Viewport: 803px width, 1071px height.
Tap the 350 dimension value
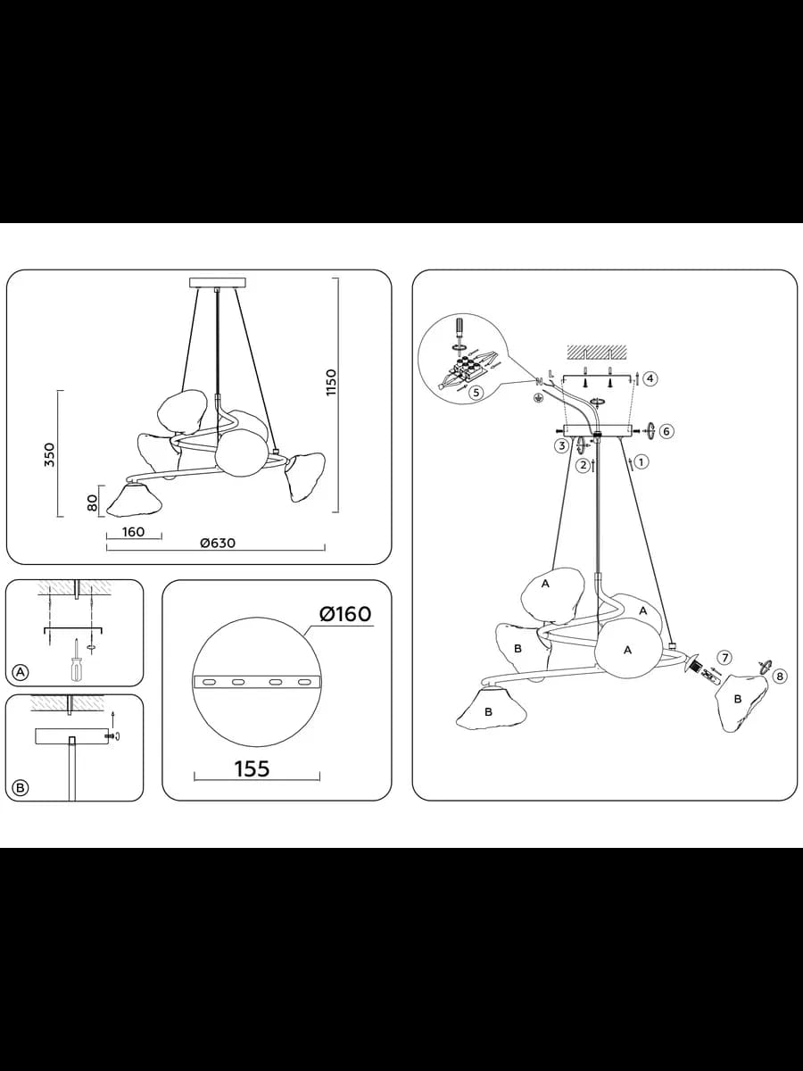pyautogui.click(x=50, y=455)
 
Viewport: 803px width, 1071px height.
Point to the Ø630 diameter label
pyautogui.click(x=218, y=543)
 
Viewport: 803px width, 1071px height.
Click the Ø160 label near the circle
pyautogui.click(x=345, y=614)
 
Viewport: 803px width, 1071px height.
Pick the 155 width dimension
pyautogui.click(x=252, y=768)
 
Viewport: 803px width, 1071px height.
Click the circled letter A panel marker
pyautogui.click(x=21, y=673)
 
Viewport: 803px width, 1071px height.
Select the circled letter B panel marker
pyautogui.click(x=21, y=787)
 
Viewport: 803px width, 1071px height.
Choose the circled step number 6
pyautogui.click(x=666, y=431)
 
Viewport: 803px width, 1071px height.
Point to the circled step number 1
pyautogui.click(x=642, y=461)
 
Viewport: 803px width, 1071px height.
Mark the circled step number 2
pyautogui.click(x=583, y=465)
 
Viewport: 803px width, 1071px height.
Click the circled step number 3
pyautogui.click(x=562, y=445)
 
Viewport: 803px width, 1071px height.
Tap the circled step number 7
pyautogui.click(x=725, y=658)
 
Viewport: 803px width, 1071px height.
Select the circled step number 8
pyautogui.click(x=780, y=677)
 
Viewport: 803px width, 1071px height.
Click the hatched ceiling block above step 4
pyautogui.click(x=597, y=351)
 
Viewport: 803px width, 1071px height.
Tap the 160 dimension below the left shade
pyautogui.click(x=133, y=531)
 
